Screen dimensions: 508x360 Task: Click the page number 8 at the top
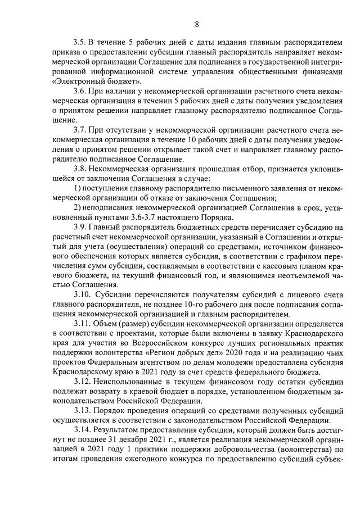[x=196, y=24]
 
